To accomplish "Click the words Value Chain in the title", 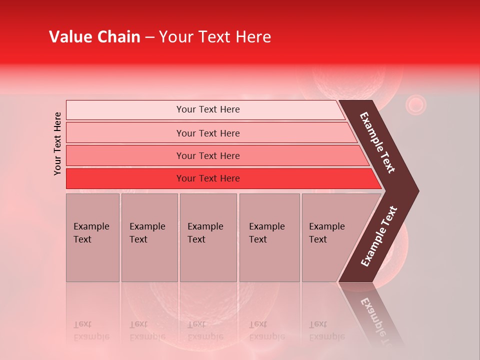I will (94, 37).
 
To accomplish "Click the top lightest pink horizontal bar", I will (207, 109).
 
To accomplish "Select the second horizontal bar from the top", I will (207, 133).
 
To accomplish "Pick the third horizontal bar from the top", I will (207, 155).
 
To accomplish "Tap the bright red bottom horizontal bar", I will (207, 178).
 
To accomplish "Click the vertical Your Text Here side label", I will (57, 143).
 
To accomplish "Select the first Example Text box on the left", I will (92, 237).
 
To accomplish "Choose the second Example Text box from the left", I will (149, 237).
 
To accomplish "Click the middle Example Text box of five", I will (208, 237).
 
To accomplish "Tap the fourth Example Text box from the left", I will (269, 237).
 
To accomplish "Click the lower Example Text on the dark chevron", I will (378, 236).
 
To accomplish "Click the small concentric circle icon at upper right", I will (415, 105).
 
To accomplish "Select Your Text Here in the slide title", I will (215, 37).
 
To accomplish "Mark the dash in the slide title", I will (149, 37).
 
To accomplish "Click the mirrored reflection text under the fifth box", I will (327, 331).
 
